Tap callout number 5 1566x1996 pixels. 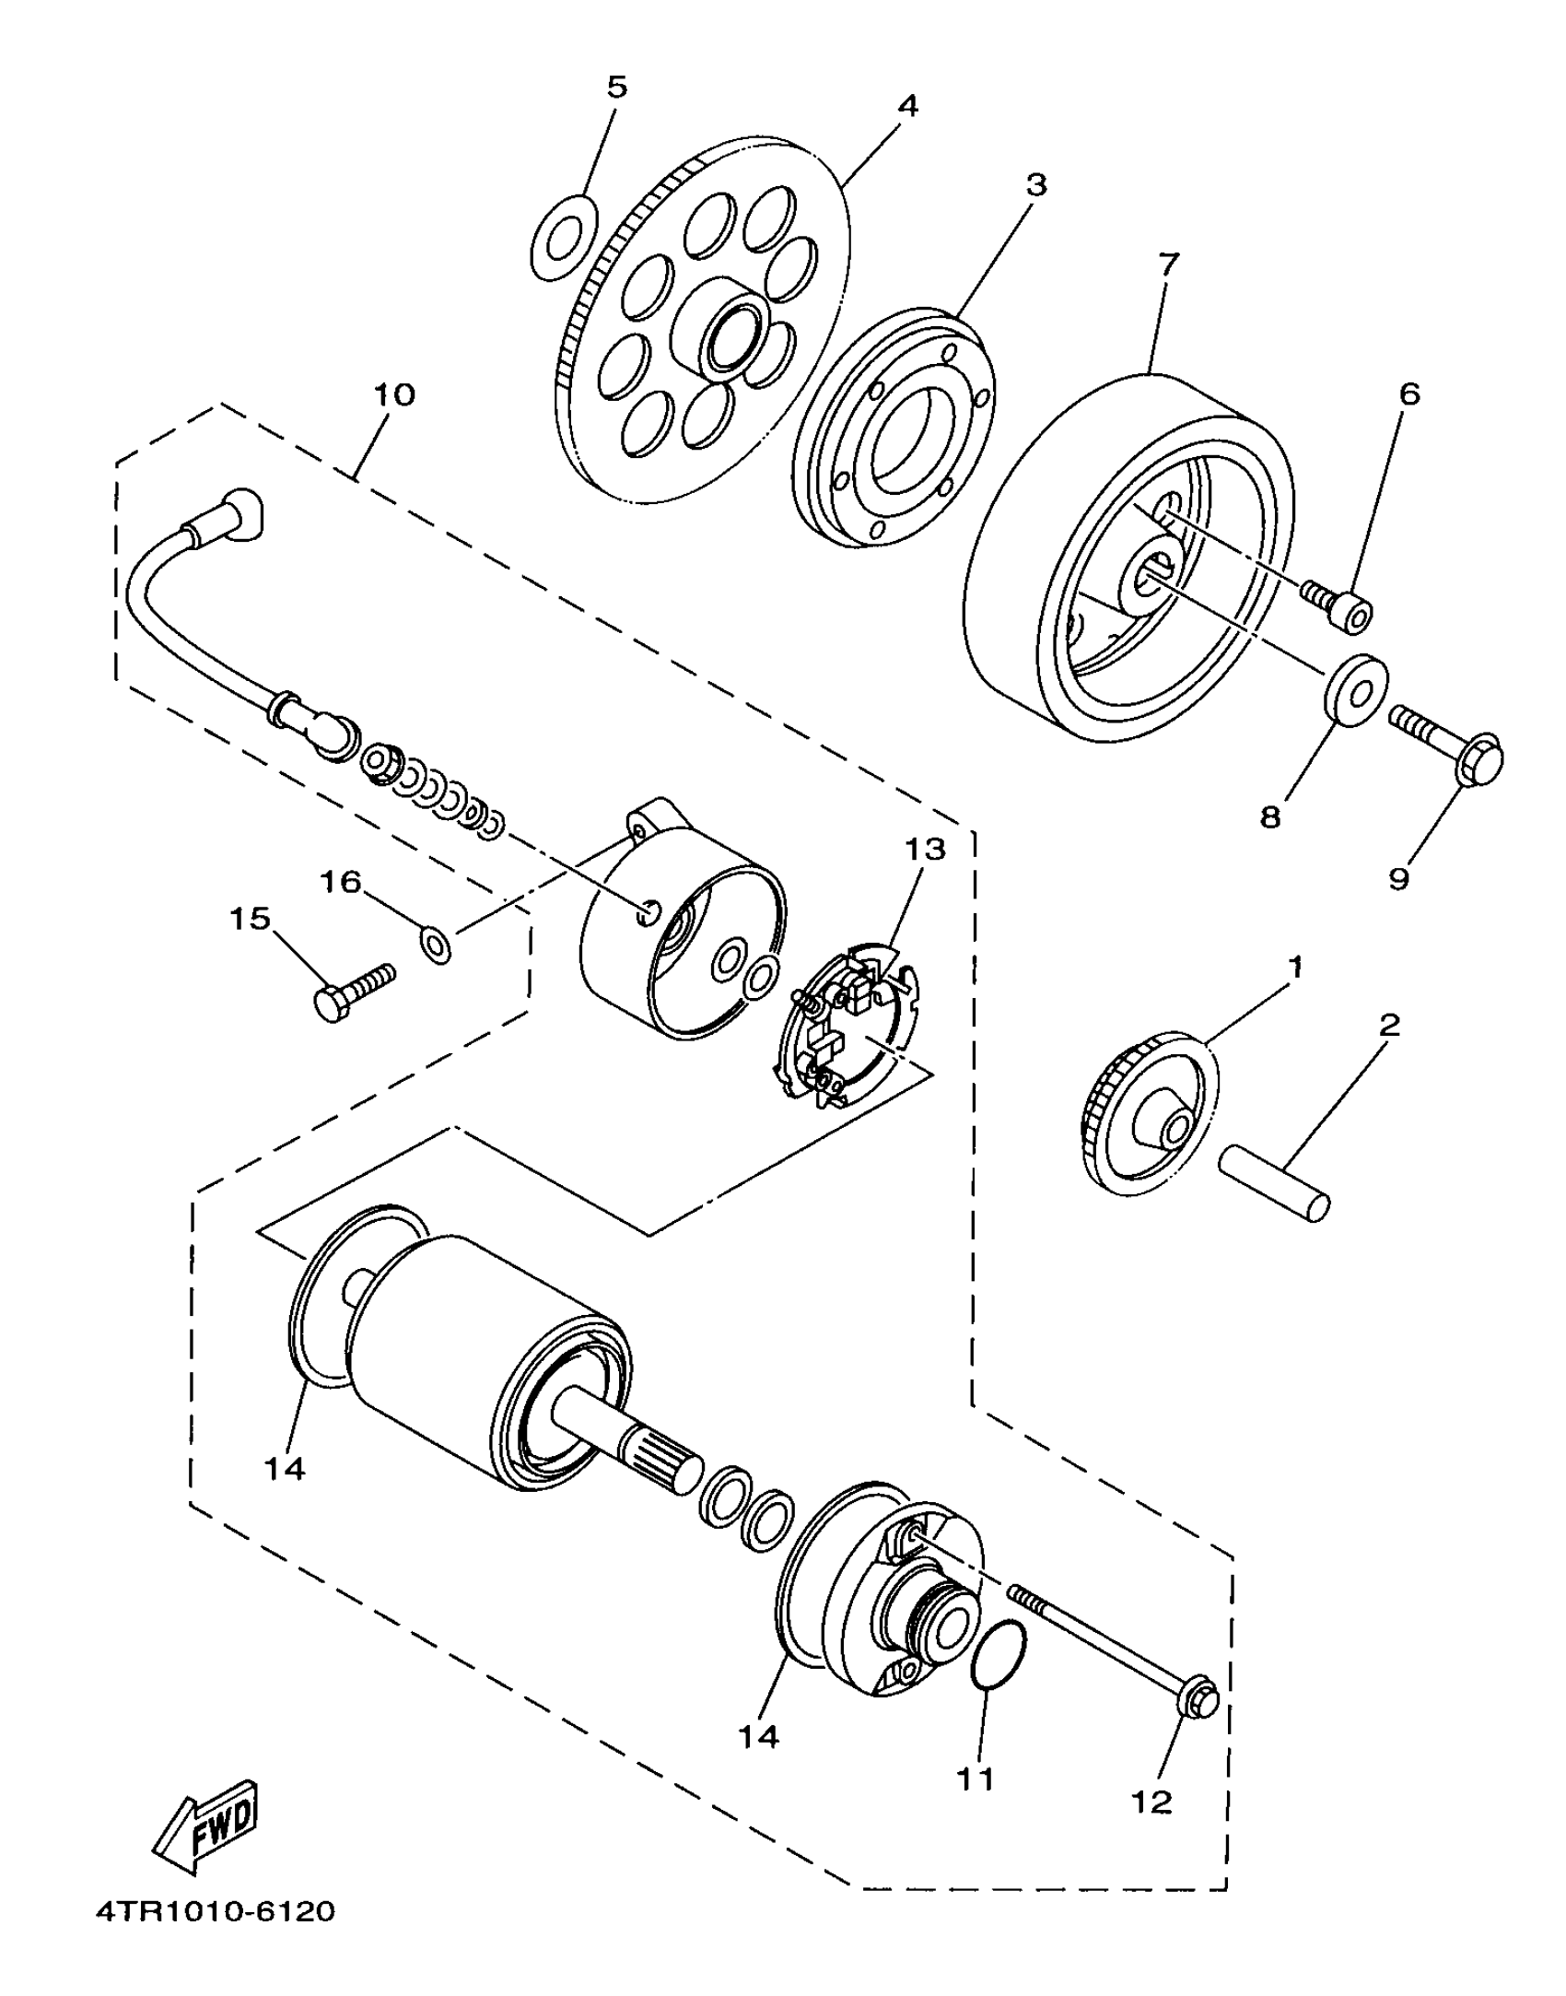point(616,88)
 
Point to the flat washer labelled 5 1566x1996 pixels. point(564,237)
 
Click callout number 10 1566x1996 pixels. point(394,394)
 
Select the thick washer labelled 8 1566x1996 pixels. point(1357,691)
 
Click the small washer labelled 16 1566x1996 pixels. point(436,945)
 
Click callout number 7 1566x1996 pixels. point(1167,264)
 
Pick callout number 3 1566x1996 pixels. point(1036,185)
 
